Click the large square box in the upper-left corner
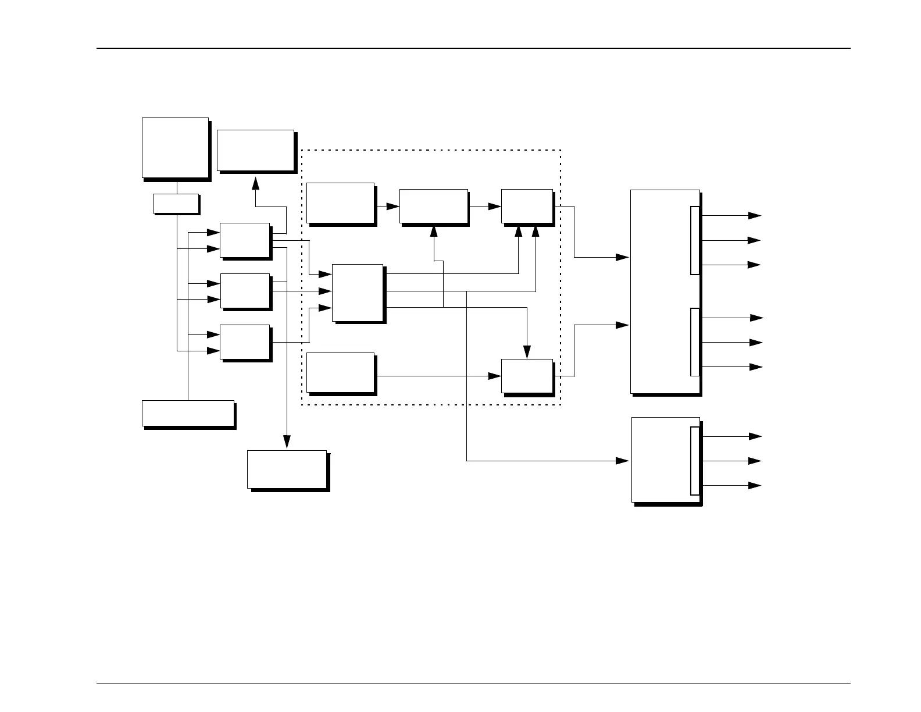coord(175,147)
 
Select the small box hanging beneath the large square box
coord(176,204)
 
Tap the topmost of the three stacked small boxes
coord(245,240)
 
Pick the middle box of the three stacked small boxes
coord(245,291)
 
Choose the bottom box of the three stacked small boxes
coord(245,342)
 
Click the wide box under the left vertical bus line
coord(188,413)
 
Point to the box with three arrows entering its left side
coord(357,293)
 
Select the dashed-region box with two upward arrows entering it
coord(527,206)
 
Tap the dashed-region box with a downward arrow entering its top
coord(527,376)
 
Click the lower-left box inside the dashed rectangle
coord(340,372)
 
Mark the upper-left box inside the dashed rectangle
coord(340,202)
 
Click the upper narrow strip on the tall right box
coord(695,240)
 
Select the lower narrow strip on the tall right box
coord(695,342)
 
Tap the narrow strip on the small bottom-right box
coord(695,461)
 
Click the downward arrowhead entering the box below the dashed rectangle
coord(286,443)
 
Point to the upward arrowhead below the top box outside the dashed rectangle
coord(255,183)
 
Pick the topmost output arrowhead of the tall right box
coord(755,215)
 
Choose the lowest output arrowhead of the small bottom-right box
coord(755,485)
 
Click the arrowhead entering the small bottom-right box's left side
coord(623,461)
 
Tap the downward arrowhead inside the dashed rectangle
coord(527,352)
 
